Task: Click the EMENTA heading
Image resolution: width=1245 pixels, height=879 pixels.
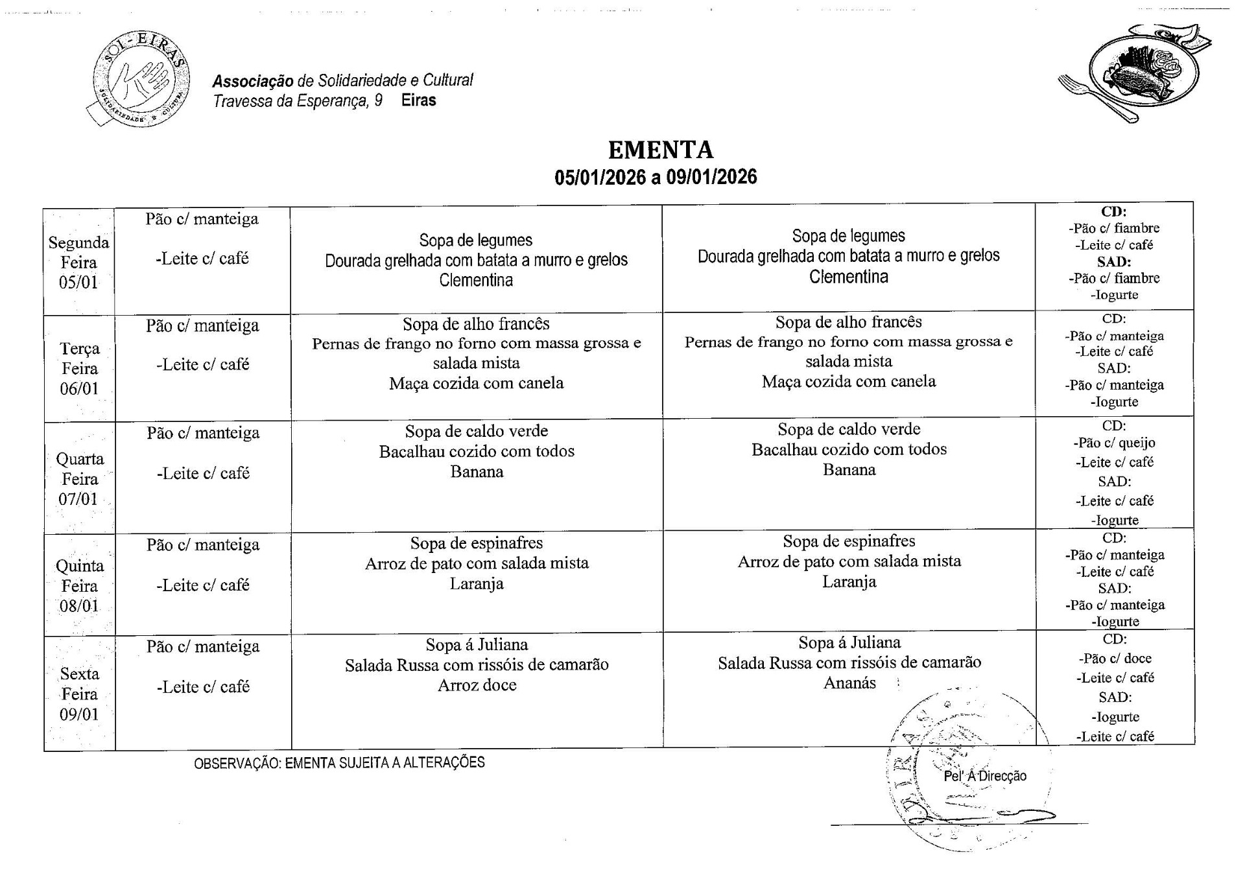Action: [660, 150]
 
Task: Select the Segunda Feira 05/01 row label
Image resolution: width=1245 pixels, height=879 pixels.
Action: [78, 263]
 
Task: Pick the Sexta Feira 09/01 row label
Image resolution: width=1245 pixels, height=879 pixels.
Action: [79, 694]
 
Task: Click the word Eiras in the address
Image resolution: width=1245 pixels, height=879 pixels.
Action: [418, 100]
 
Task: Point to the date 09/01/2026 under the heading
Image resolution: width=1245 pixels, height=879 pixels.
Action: [711, 177]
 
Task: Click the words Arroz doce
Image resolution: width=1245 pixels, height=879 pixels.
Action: [477, 685]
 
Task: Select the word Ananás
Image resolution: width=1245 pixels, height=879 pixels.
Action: [849, 683]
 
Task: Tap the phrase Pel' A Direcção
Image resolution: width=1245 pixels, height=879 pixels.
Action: [984, 776]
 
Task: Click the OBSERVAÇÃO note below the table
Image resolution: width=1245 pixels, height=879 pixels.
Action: [339, 763]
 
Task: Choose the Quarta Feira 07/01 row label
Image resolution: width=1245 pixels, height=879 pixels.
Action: [79, 479]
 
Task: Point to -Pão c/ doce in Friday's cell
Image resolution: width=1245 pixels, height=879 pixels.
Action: [1115, 659]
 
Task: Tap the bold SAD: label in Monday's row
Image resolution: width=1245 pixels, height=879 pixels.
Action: [1113, 262]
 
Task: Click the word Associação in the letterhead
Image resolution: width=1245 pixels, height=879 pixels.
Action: [253, 81]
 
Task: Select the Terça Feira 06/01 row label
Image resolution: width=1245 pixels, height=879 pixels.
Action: [79, 368]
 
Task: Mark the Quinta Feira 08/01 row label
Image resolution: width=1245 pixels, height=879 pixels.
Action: [79, 586]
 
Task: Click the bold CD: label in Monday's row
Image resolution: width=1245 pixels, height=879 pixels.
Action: [1113, 211]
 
